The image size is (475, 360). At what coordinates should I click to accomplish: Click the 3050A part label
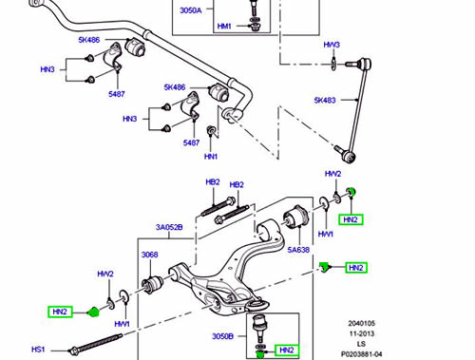(191, 10)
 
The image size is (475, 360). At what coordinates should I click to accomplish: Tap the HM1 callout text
(224, 26)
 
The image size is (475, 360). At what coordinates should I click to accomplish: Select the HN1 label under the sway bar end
(211, 157)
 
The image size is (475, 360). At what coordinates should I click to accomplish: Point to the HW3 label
(332, 45)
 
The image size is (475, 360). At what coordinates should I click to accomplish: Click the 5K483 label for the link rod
(325, 100)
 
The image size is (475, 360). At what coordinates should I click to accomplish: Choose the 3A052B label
(169, 227)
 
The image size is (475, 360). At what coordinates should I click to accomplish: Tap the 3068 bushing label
(149, 255)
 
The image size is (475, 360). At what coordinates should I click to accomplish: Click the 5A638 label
(298, 250)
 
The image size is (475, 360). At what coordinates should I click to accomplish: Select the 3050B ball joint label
(222, 336)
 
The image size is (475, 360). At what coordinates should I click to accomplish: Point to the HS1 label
(38, 350)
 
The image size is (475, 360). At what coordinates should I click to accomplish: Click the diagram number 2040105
(361, 323)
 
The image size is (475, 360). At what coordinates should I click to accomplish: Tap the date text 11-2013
(362, 333)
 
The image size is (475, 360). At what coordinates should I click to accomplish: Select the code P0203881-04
(362, 354)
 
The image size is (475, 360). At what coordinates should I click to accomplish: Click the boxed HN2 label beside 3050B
(287, 350)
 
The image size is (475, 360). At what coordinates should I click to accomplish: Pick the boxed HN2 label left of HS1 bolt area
(60, 312)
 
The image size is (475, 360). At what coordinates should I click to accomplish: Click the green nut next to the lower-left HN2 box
(93, 312)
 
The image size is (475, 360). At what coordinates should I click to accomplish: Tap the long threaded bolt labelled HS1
(95, 343)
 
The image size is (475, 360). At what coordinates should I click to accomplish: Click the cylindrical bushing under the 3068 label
(152, 285)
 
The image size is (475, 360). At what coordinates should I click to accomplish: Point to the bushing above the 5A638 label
(295, 217)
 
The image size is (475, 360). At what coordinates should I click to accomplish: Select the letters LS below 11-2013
(361, 344)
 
